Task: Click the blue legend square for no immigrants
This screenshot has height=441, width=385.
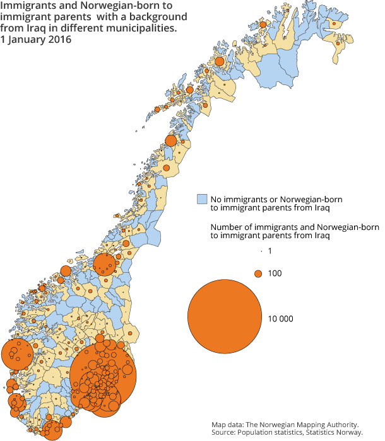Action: [x=202, y=199]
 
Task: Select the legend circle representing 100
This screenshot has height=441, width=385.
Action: [x=258, y=273]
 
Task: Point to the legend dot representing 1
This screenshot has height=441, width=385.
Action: [x=260, y=251]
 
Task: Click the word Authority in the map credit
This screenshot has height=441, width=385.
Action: [x=341, y=425]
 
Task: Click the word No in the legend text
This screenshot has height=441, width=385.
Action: [x=217, y=199]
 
